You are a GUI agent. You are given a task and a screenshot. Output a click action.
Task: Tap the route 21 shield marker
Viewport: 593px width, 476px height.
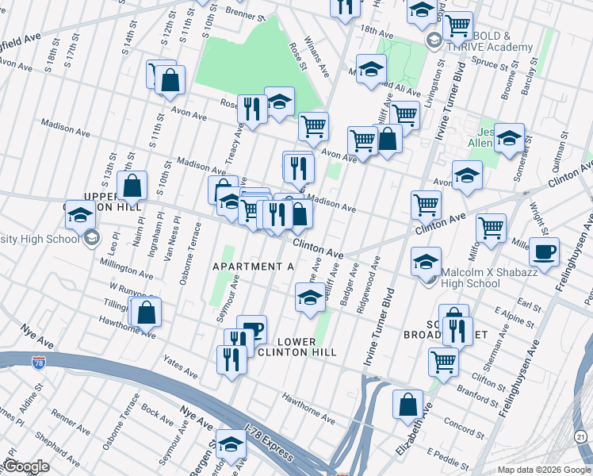tap(581, 437)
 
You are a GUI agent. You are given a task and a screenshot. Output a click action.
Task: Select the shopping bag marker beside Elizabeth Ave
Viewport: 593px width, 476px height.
tap(407, 404)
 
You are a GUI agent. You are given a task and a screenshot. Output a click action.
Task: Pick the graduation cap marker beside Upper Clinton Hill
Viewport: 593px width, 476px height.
tap(80, 215)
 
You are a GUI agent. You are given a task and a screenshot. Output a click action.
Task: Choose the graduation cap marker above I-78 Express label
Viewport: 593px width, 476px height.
tap(231, 445)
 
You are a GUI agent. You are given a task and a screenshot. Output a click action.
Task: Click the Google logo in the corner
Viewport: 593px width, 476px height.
tap(25, 466)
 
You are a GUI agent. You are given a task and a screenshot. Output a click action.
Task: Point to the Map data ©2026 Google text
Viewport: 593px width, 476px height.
tap(544, 470)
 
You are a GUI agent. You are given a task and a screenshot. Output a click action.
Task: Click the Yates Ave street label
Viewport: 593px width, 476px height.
tap(181, 367)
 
